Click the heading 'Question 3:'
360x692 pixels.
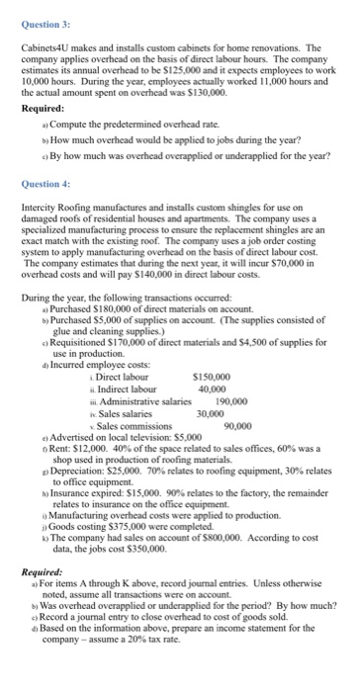tap(43, 14)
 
